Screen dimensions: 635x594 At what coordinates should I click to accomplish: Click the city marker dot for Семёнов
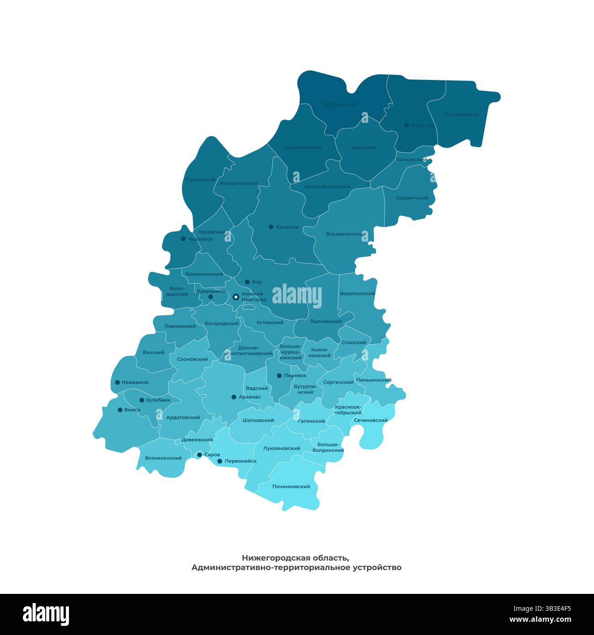(x=271, y=227)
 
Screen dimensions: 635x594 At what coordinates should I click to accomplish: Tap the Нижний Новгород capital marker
(x=236, y=297)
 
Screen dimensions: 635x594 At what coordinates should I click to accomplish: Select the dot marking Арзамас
(x=234, y=397)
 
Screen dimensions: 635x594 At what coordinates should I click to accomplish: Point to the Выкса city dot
(x=120, y=410)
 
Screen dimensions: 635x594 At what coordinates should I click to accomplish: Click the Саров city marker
(x=199, y=455)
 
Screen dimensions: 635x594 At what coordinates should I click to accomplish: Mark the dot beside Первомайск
(x=220, y=461)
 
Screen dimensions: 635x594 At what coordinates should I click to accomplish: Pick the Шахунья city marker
(x=406, y=125)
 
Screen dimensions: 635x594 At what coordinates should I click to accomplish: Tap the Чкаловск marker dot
(x=183, y=238)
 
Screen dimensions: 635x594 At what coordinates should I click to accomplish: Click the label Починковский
(x=291, y=487)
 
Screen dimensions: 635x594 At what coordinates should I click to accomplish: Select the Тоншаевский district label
(x=461, y=114)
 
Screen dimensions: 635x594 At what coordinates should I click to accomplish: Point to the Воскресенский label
(x=345, y=234)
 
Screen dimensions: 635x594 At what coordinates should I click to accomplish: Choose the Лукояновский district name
(x=281, y=448)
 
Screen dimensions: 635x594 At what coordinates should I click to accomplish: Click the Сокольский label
(x=200, y=180)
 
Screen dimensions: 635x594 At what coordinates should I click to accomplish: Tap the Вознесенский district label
(x=163, y=458)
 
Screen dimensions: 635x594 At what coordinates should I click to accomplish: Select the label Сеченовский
(x=371, y=420)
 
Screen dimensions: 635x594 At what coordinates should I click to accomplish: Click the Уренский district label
(x=364, y=148)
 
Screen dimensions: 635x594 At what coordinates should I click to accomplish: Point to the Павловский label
(x=180, y=326)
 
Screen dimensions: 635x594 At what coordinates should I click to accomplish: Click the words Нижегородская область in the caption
(x=295, y=558)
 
